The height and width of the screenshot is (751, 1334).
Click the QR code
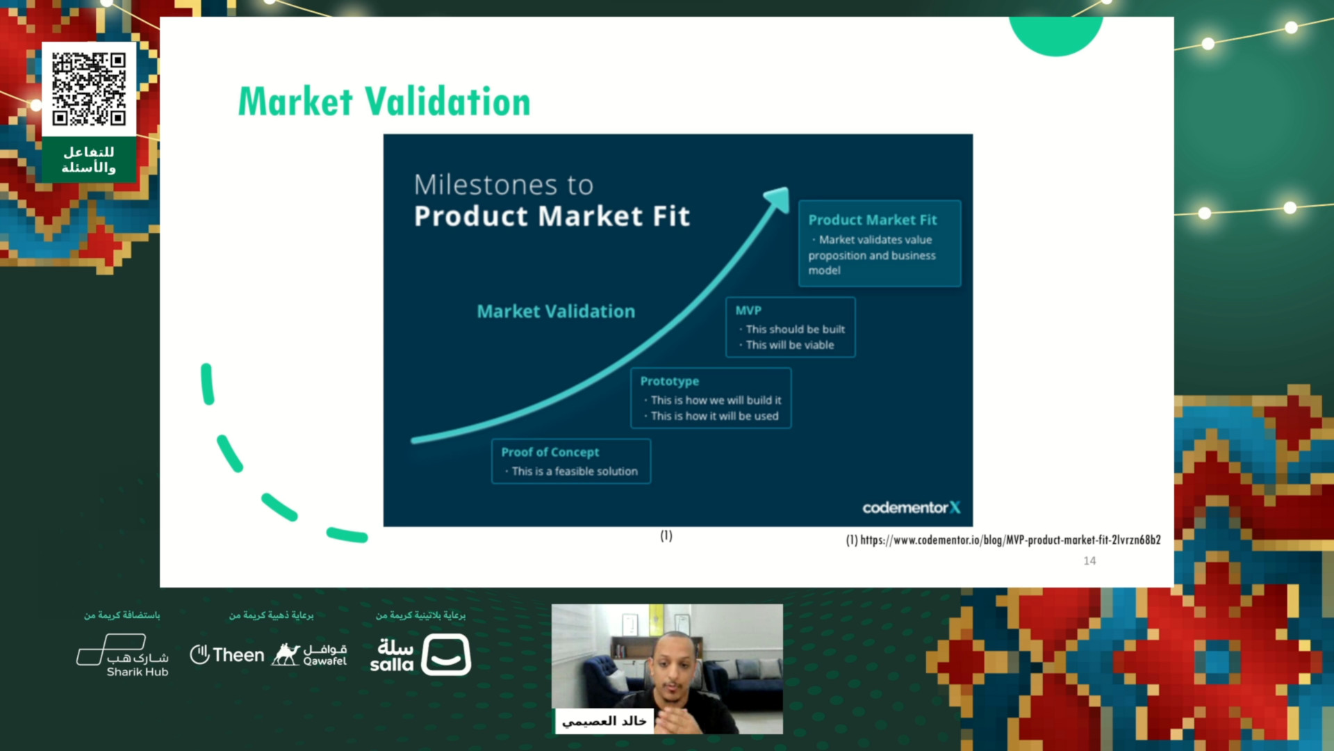89,89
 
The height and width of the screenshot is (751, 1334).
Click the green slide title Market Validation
384,102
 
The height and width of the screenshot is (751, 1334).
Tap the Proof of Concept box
570,461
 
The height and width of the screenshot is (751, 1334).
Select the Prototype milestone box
711,398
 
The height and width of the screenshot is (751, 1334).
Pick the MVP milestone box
790,328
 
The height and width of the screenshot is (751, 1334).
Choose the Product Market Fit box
880,243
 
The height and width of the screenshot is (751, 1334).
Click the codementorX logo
912,508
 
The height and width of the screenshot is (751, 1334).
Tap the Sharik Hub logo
123,655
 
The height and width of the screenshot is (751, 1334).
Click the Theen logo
227,654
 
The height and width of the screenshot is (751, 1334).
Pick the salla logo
420,655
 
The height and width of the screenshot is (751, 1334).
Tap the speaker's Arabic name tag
604,721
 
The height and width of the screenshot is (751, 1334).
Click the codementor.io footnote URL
1003,540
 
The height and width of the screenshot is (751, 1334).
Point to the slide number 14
1089,560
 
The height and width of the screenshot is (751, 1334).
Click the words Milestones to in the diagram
504,185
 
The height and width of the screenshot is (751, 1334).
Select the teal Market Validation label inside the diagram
556,312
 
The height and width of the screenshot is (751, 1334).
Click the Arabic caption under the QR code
89,160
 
